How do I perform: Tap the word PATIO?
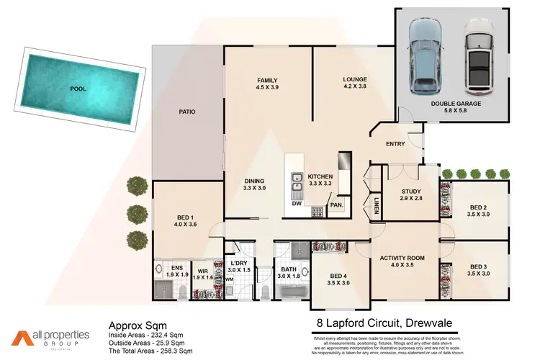pos(187,112)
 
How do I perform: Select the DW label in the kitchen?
pos(296,203)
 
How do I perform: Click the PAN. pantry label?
pos(336,204)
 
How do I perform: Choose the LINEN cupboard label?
pos(376,207)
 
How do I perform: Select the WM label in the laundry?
pos(229,279)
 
